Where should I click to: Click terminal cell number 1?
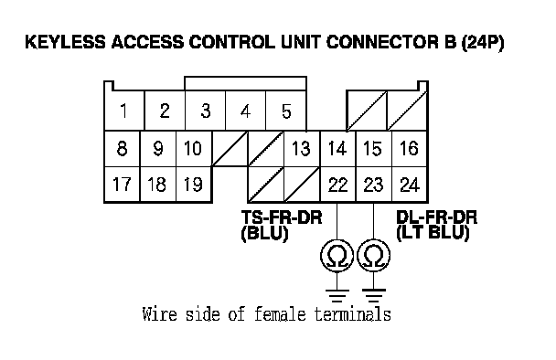(x=124, y=111)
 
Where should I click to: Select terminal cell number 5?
(x=286, y=111)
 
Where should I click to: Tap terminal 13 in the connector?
(x=302, y=148)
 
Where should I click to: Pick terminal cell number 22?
(x=338, y=185)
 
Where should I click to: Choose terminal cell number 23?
(x=374, y=185)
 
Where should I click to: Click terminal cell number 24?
(x=410, y=185)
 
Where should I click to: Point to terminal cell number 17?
(x=123, y=185)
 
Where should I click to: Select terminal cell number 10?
(x=194, y=148)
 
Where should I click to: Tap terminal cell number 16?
(x=410, y=148)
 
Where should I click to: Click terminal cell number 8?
(x=123, y=148)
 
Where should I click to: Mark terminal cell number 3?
(x=205, y=111)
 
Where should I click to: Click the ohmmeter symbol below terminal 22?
(x=337, y=256)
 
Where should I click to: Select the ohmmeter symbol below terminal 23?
(x=374, y=256)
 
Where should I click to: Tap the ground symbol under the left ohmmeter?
(x=337, y=295)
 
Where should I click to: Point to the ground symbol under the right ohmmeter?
(x=374, y=295)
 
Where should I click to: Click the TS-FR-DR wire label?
(x=282, y=217)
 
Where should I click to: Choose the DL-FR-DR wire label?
(x=436, y=217)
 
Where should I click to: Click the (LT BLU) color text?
(x=433, y=233)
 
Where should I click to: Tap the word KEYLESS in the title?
(x=65, y=42)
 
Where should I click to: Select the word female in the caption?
(x=280, y=314)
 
